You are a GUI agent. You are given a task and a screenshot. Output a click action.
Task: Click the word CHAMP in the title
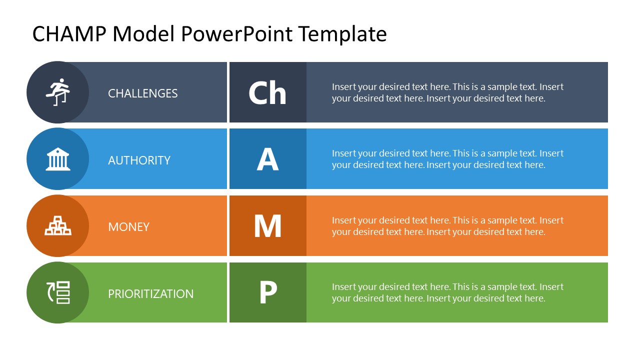[69, 34]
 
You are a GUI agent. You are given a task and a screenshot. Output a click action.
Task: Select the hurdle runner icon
[58, 92]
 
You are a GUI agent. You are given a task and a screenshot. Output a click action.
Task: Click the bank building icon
[58, 159]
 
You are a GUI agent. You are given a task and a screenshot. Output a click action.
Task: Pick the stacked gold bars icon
[58, 225]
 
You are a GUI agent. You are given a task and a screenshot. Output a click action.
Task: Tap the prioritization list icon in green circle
[58, 292]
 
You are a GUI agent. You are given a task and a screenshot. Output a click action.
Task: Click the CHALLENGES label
[142, 93]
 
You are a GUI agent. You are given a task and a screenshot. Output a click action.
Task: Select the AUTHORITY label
[139, 160]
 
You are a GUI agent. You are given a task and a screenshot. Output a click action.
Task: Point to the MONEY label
[128, 227]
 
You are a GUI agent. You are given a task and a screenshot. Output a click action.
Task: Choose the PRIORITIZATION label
[150, 294]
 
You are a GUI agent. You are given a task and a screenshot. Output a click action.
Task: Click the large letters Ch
[267, 93]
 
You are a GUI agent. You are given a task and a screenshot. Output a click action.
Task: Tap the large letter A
[267, 159]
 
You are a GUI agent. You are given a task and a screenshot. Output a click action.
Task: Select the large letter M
[267, 226]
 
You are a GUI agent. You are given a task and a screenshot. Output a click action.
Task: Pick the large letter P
[267, 292]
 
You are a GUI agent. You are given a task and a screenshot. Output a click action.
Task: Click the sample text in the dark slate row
[447, 92]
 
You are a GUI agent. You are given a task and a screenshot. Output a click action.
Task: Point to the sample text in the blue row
[447, 159]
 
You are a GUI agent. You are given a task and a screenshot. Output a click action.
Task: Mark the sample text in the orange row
[447, 226]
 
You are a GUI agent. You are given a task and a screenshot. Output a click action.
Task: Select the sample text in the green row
[447, 292]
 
